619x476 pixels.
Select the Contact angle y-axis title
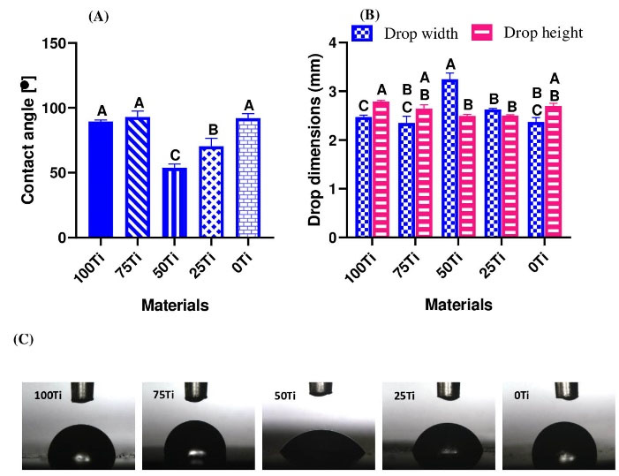(28, 140)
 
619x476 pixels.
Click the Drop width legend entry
(404, 34)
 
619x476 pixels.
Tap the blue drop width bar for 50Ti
(449, 159)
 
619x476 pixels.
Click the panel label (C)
(21, 339)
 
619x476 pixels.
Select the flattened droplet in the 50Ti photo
(321, 446)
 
